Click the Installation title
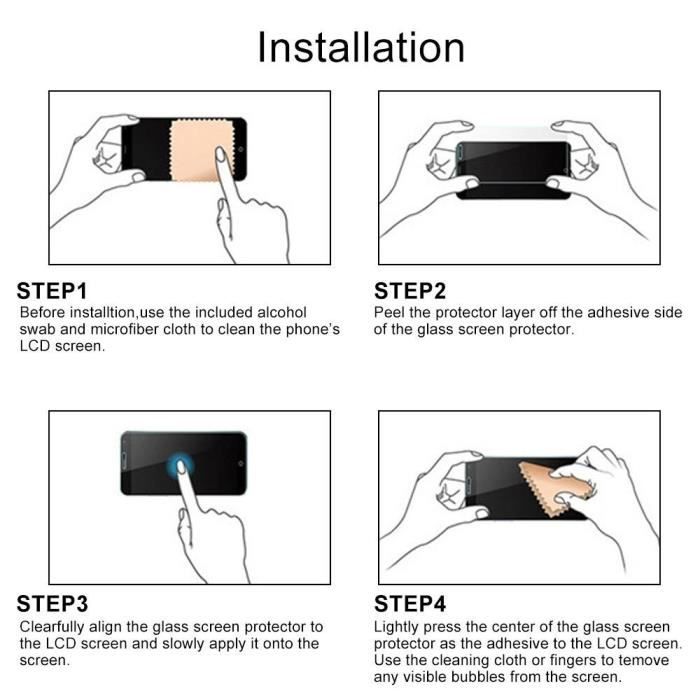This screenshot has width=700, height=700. tap(361, 47)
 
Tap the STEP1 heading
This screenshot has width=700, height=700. tap(52, 291)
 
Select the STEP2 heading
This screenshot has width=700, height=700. tap(410, 291)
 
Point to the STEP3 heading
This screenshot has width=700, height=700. tap(52, 604)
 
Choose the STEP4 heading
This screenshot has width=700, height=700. tap(410, 604)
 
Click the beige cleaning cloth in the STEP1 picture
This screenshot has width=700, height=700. tap(201, 150)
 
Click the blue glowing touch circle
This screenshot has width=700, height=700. tap(180, 465)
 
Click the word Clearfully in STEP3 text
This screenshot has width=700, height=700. tap(52, 627)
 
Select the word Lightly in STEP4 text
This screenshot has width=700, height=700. tap(396, 627)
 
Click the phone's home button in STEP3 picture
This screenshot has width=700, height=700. tap(241, 464)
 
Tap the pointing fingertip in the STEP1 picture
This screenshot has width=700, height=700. tap(220, 154)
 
